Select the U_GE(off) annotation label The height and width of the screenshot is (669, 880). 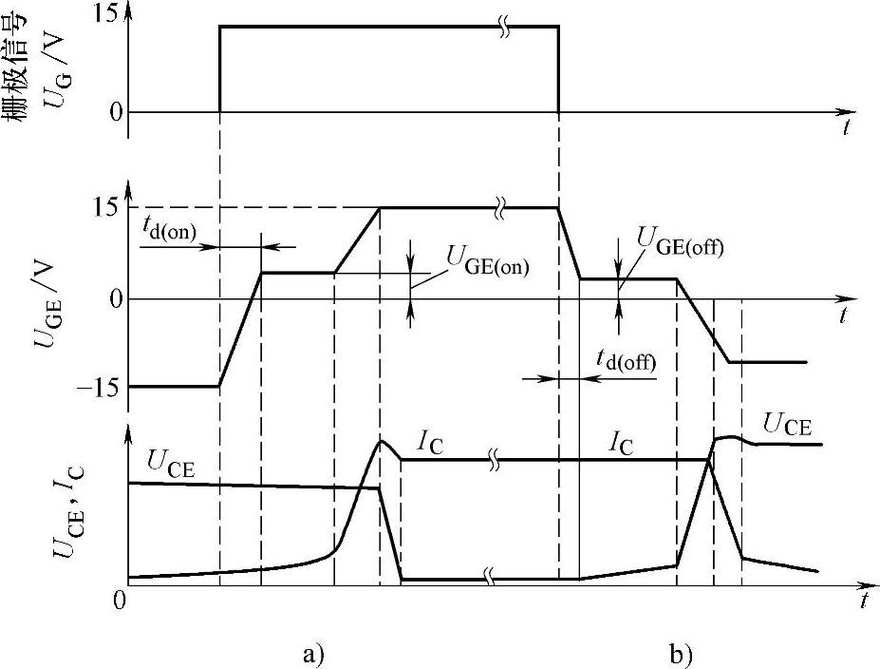click(681, 245)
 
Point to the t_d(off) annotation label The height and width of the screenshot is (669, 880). click(627, 361)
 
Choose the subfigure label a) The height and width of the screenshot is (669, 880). click(313, 654)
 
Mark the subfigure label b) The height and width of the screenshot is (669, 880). click(680, 654)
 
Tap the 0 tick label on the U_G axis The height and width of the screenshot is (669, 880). click(117, 112)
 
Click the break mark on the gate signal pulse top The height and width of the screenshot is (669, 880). click(507, 27)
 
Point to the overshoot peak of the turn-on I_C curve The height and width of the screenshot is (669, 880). click(382, 441)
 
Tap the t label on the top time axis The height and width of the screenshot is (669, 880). click(845, 128)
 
